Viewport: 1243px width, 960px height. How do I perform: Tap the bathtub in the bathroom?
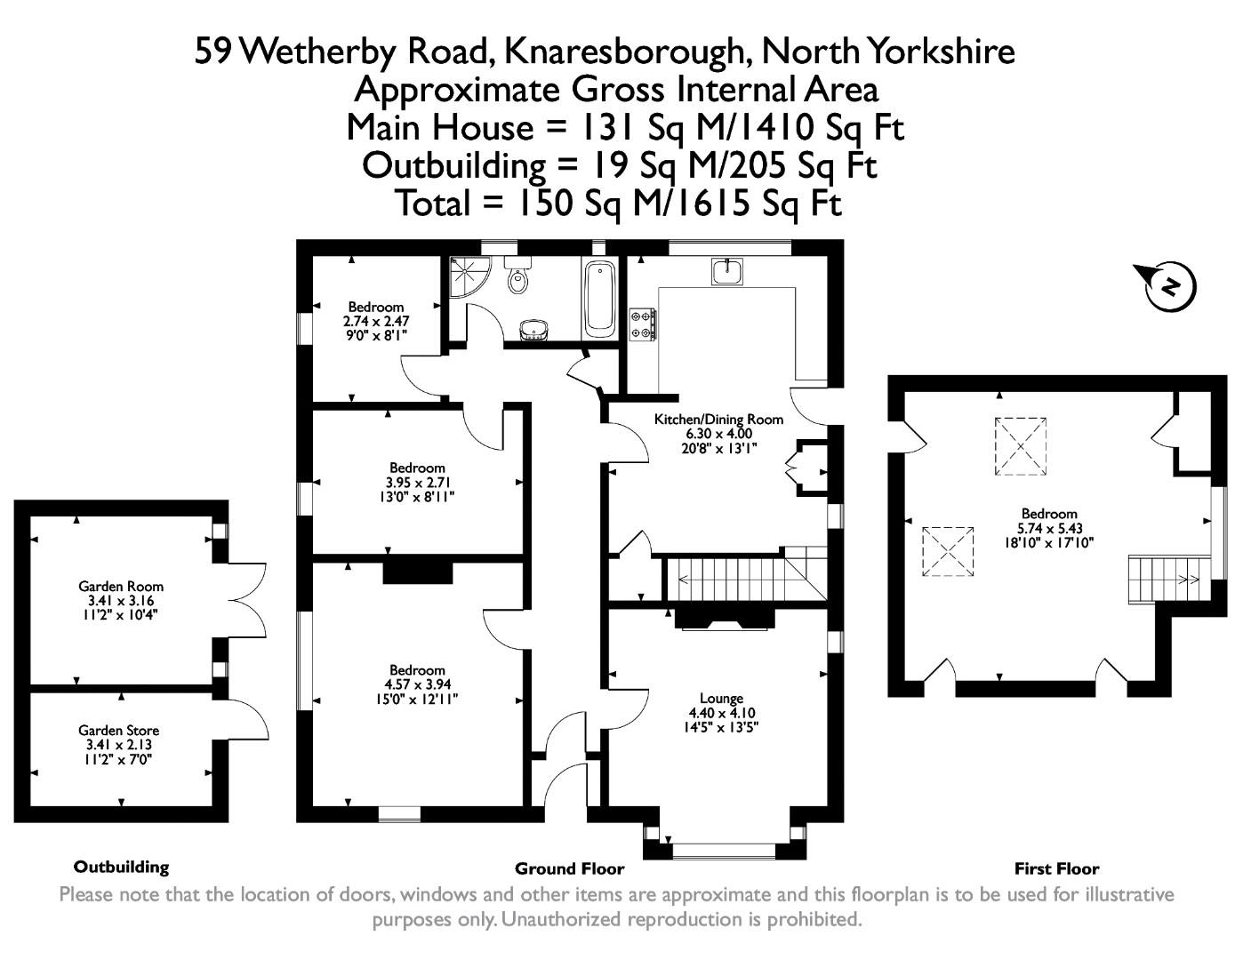click(x=599, y=299)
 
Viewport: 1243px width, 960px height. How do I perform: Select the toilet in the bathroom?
click(x=517, y=277)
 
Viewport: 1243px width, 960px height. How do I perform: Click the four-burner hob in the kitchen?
click(x=643, y=324)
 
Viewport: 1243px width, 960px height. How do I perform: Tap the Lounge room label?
click(x=721, y=699)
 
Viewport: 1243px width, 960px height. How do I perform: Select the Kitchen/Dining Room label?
click(x=718, y=420)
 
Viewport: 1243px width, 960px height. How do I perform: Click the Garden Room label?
click(x=121, y=587)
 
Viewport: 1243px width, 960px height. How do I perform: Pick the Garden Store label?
click(x=118, y=731)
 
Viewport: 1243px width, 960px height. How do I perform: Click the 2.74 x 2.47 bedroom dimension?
click(x=376, y=321)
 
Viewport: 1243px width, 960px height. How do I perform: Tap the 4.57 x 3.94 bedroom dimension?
click(x=417, y=684)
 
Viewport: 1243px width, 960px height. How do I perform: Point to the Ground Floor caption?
click(x=569, y=869)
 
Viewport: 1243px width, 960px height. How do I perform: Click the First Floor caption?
click(x=1056, y=869)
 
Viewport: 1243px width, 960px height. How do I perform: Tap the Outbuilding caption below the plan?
click(x=121, y=867)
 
